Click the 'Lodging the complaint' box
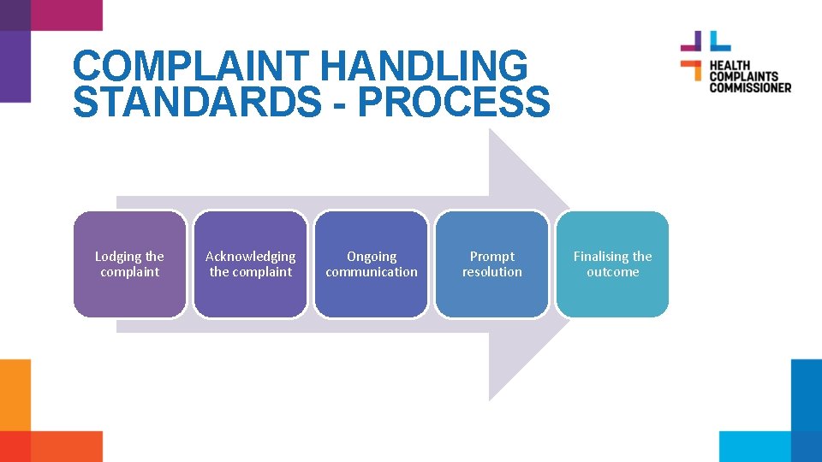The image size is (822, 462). pyautogui.click(x=129, y=264)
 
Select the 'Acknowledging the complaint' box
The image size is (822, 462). pyautogui.click(x=250, y=264)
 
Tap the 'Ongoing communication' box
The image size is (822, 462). pyautogui.click(x=372, y=264)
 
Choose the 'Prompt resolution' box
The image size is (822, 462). pyautogui.click(x=491, y=264)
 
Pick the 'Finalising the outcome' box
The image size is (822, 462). pyautogui.click(x=612, y=264)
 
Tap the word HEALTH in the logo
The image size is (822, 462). pyautogui.click(x=729, y=65)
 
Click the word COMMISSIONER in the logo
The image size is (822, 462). pyautogui.click(x=749, y=86)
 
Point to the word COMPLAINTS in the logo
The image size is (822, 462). pyautogui.click(x=742, y=76)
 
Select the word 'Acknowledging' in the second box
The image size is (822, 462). pyautogui.click(x=250, y=257)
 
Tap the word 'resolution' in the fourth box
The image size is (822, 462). pyautogui.click(x=491, y=272)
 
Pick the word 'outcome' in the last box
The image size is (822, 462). pyautogui.click(x=612, y=272)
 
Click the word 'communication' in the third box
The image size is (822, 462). pyautogui.click(x=372, y=272)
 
